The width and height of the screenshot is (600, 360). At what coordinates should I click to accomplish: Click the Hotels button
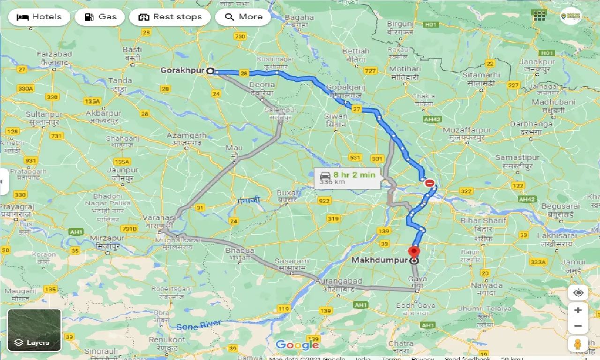click(39, 17)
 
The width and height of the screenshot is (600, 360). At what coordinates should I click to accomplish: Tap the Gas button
click(100, 17)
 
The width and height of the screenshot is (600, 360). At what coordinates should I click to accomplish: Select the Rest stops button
click(170, 17)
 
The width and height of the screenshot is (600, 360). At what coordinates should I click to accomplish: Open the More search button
click(243, 17)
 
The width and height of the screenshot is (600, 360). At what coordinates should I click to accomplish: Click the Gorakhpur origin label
click(182, 70)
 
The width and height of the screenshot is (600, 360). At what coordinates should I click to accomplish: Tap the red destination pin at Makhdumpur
click(414, 251)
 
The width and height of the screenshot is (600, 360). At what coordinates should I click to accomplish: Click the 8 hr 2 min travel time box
click(347, 178)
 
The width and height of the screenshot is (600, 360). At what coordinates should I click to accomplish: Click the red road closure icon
click(429, 183)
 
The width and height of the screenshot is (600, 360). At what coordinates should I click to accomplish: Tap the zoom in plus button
click(578, 310)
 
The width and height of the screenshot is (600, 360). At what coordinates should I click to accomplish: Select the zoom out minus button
click(578, 326)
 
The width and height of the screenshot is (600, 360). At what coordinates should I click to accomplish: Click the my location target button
click(578, 293)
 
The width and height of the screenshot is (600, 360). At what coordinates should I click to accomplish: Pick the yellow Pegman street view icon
click(578, 344)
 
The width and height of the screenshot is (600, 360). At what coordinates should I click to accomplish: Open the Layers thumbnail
click(34, 330)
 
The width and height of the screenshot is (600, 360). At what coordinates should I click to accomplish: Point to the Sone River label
click(199, 325)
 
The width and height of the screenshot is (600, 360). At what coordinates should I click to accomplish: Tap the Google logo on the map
click(297, 345)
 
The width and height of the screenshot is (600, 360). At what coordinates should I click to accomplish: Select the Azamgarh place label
click(187, 135)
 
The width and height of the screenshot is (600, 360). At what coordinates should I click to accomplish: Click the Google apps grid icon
click(540, 15)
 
